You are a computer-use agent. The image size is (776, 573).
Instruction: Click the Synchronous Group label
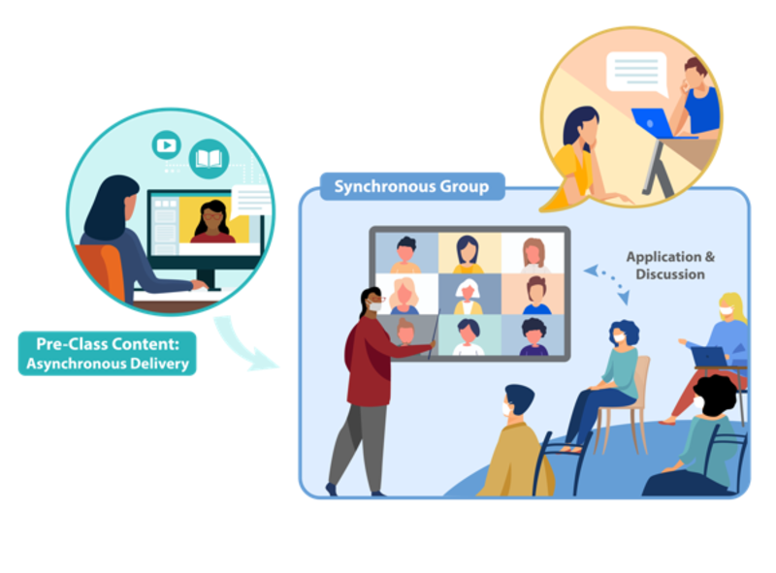pos(411,185)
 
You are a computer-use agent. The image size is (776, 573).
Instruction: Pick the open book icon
pos(209,157)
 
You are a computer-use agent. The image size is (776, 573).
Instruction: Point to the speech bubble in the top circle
pos(635,73)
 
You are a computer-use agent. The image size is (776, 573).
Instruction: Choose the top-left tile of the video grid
pos(405,254)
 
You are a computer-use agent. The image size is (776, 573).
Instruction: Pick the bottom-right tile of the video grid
pos(533,336)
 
